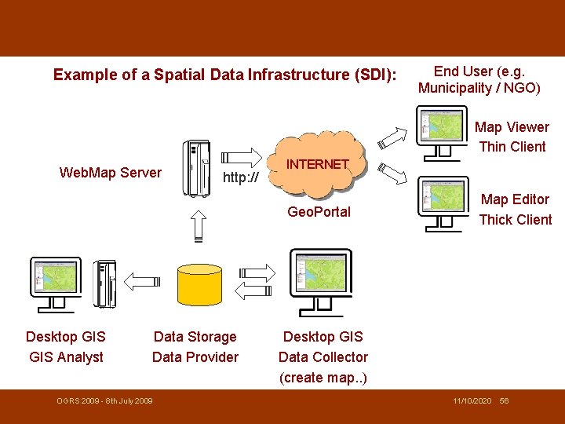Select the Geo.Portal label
(x=319, y=212)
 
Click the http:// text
(x=241, y=177)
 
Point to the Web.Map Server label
(x=111, y=173)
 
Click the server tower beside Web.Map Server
(x=196, y=169)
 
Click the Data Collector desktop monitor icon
(x=320, y=279)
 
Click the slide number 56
(x=504, y=401)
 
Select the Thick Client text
(x=515, y=220)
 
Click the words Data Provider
(x=195, y=357)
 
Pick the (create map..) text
(x=323, y=378)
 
